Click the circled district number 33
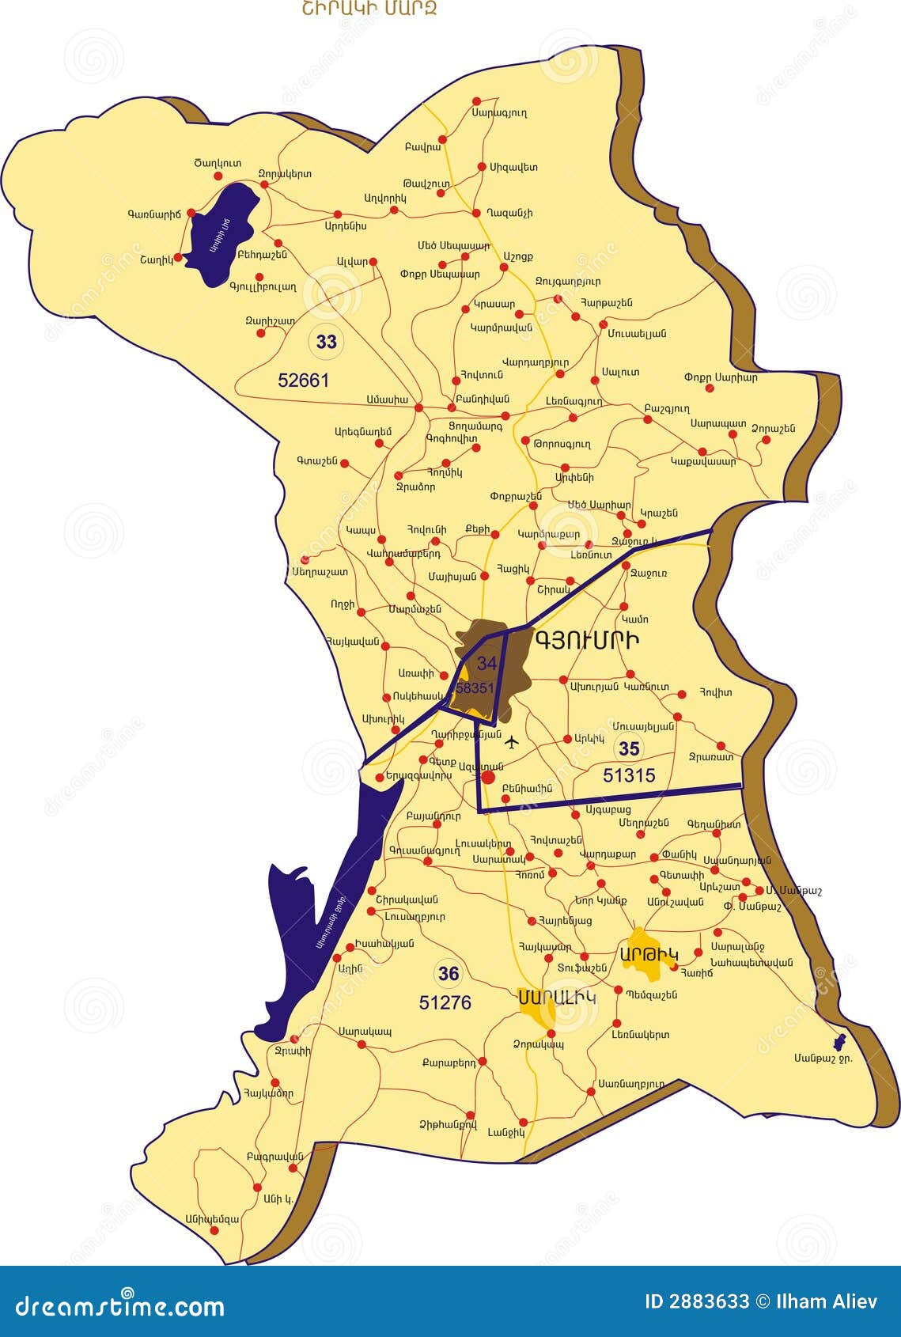coord(327,342)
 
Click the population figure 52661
coord(303,381)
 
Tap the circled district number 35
coord(630,748)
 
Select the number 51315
coord(629,776)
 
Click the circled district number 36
coord(449,973)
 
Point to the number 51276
coord(445,1002)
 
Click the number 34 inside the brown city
coord(486,664)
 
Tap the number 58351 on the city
coord(475,688)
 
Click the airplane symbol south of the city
coord(512,742)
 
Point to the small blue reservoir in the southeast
coord(839,1042)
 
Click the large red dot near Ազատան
coord(488,778)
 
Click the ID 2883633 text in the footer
coord(696,1302)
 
